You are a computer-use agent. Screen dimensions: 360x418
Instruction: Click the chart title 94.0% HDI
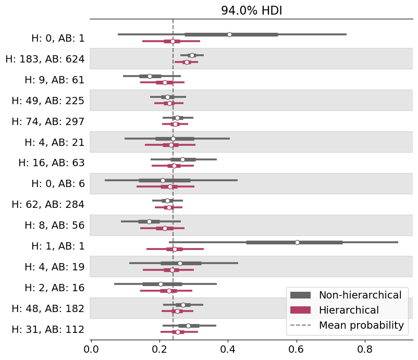pos(251,11)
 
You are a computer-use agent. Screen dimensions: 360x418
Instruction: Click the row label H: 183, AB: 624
pos(45,59)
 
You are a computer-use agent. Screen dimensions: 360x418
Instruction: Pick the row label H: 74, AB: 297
pos(48,121)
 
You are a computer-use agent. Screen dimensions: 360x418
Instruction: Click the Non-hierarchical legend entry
pos(360,295)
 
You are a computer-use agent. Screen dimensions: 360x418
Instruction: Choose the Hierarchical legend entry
pos(349,310)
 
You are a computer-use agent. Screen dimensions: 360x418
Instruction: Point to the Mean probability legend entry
pos(361,325)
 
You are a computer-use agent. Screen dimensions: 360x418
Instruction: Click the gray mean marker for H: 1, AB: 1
pos(297,242)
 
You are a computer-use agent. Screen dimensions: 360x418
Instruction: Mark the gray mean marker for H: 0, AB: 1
pos(229,34)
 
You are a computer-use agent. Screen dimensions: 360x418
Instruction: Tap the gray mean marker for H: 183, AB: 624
pos(192,55)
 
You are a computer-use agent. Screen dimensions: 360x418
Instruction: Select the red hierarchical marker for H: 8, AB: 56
pos(165,228)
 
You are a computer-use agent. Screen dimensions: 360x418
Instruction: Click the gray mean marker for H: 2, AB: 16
pos(161,284)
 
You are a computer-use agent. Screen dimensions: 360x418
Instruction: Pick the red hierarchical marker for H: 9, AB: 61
pos(165,82)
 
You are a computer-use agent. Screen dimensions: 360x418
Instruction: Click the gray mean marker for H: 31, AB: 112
pos(188,326)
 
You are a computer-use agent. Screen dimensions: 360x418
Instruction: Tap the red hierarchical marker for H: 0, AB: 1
pos(173,41)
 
